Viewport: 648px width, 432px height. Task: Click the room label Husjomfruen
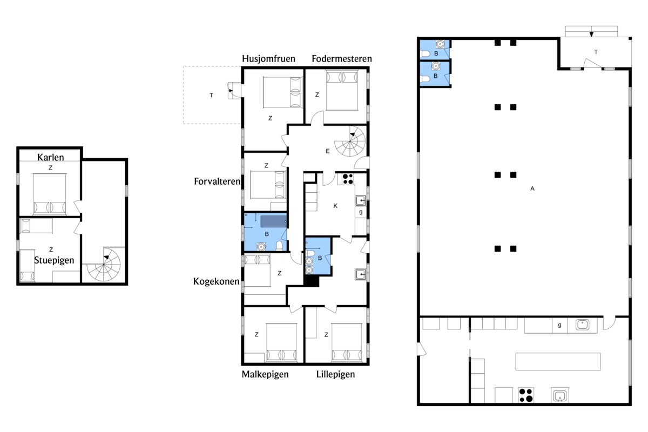click(268, 58)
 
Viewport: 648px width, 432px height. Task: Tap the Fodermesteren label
click(341, 58)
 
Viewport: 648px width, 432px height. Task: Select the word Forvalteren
click(217, 181)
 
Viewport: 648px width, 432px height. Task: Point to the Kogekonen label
click(217, 281)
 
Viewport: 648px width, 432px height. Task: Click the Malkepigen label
click(265, 374)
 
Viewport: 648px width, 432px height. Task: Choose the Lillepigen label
click(335, 374)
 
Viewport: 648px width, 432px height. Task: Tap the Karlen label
click(51, 157)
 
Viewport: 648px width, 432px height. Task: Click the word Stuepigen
click(54, 260)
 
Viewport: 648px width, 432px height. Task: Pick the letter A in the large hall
click(532, 188)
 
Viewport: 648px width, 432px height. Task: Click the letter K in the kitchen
click(335, 206)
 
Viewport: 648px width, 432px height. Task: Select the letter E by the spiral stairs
click(327, 151)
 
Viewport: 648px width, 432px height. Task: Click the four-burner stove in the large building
click(525, 395)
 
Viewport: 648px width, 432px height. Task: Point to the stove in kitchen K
click(348, 178)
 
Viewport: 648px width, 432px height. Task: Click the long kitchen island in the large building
click(558, 361)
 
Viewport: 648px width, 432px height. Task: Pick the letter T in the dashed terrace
click(211, 95)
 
